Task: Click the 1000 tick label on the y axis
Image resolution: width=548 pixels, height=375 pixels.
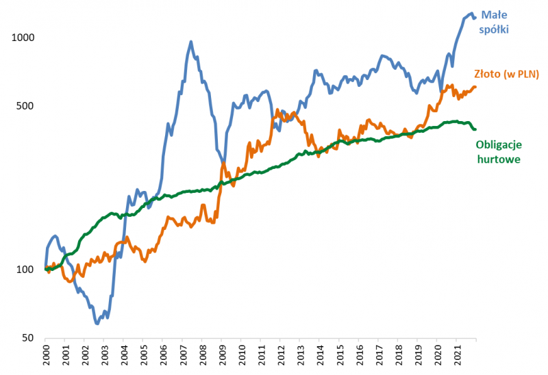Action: coord(23,38)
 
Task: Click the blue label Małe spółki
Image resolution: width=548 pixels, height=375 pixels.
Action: coord(497,21)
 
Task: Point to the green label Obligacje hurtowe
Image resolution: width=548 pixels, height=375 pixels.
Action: coord(498,151)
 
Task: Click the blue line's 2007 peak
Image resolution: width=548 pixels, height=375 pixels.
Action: coord(190,42)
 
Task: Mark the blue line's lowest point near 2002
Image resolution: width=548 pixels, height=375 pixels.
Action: coord(97,322)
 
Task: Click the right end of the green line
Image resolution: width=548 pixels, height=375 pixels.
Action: coord(475,129)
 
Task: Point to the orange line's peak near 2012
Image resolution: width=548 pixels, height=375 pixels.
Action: coord(277,109)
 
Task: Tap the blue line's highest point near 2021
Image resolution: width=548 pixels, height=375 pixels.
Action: coord(471,13)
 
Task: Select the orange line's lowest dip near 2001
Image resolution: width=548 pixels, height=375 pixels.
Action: coord(71,281)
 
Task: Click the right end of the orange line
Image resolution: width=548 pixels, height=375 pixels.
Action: coord(475,87)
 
